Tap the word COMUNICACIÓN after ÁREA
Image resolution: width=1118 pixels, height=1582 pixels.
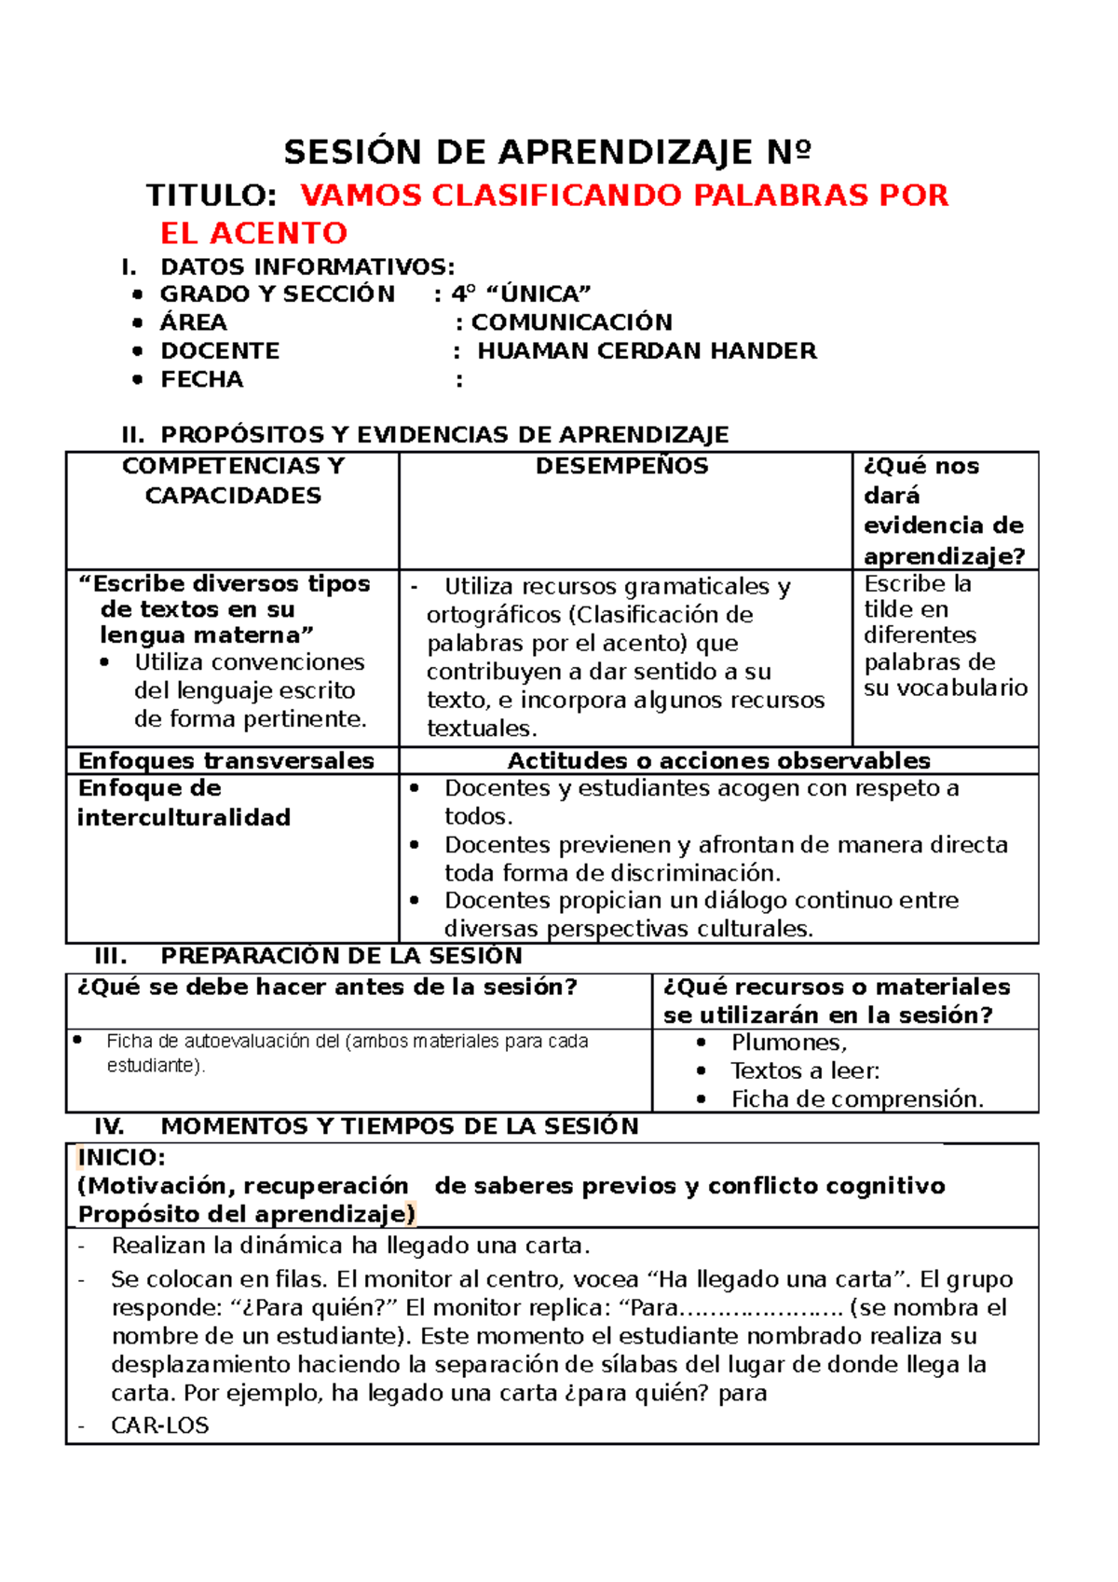[x=571, y=322]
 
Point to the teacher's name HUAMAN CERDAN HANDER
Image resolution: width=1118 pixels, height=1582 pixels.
[x=647, y=351]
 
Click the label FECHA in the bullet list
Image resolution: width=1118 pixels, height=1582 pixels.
[x=201, y=380]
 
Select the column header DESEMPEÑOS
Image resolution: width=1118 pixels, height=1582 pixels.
[x=621, y=467]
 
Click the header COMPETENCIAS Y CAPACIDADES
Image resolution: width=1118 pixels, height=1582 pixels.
[x=233, y=481]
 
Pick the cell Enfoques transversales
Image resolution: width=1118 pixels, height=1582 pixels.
[x=226, y=761]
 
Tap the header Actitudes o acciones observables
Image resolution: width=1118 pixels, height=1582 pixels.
[x=718, y=761]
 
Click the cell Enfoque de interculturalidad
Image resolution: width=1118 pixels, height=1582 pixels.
[x=184, y=803]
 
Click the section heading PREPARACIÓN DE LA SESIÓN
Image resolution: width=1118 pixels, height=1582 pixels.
[x=341, y=957]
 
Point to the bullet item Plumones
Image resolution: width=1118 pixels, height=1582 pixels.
[x=788, y=1043]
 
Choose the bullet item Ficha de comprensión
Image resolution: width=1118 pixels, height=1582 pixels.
[x=856, y=1100]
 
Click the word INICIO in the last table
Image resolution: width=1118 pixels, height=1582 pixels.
[x=121, y=1158]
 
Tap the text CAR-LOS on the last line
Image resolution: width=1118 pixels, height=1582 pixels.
[x=159, y=1425]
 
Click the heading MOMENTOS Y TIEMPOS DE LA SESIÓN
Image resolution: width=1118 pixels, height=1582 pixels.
[x=400, y=1127]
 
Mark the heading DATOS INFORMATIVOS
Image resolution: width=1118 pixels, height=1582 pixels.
[x=307, y=267]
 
